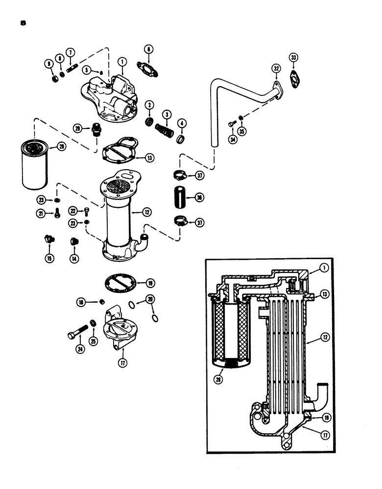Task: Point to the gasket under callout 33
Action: click(x=294, y=77)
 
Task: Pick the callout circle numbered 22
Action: click(x=72, y=211)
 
